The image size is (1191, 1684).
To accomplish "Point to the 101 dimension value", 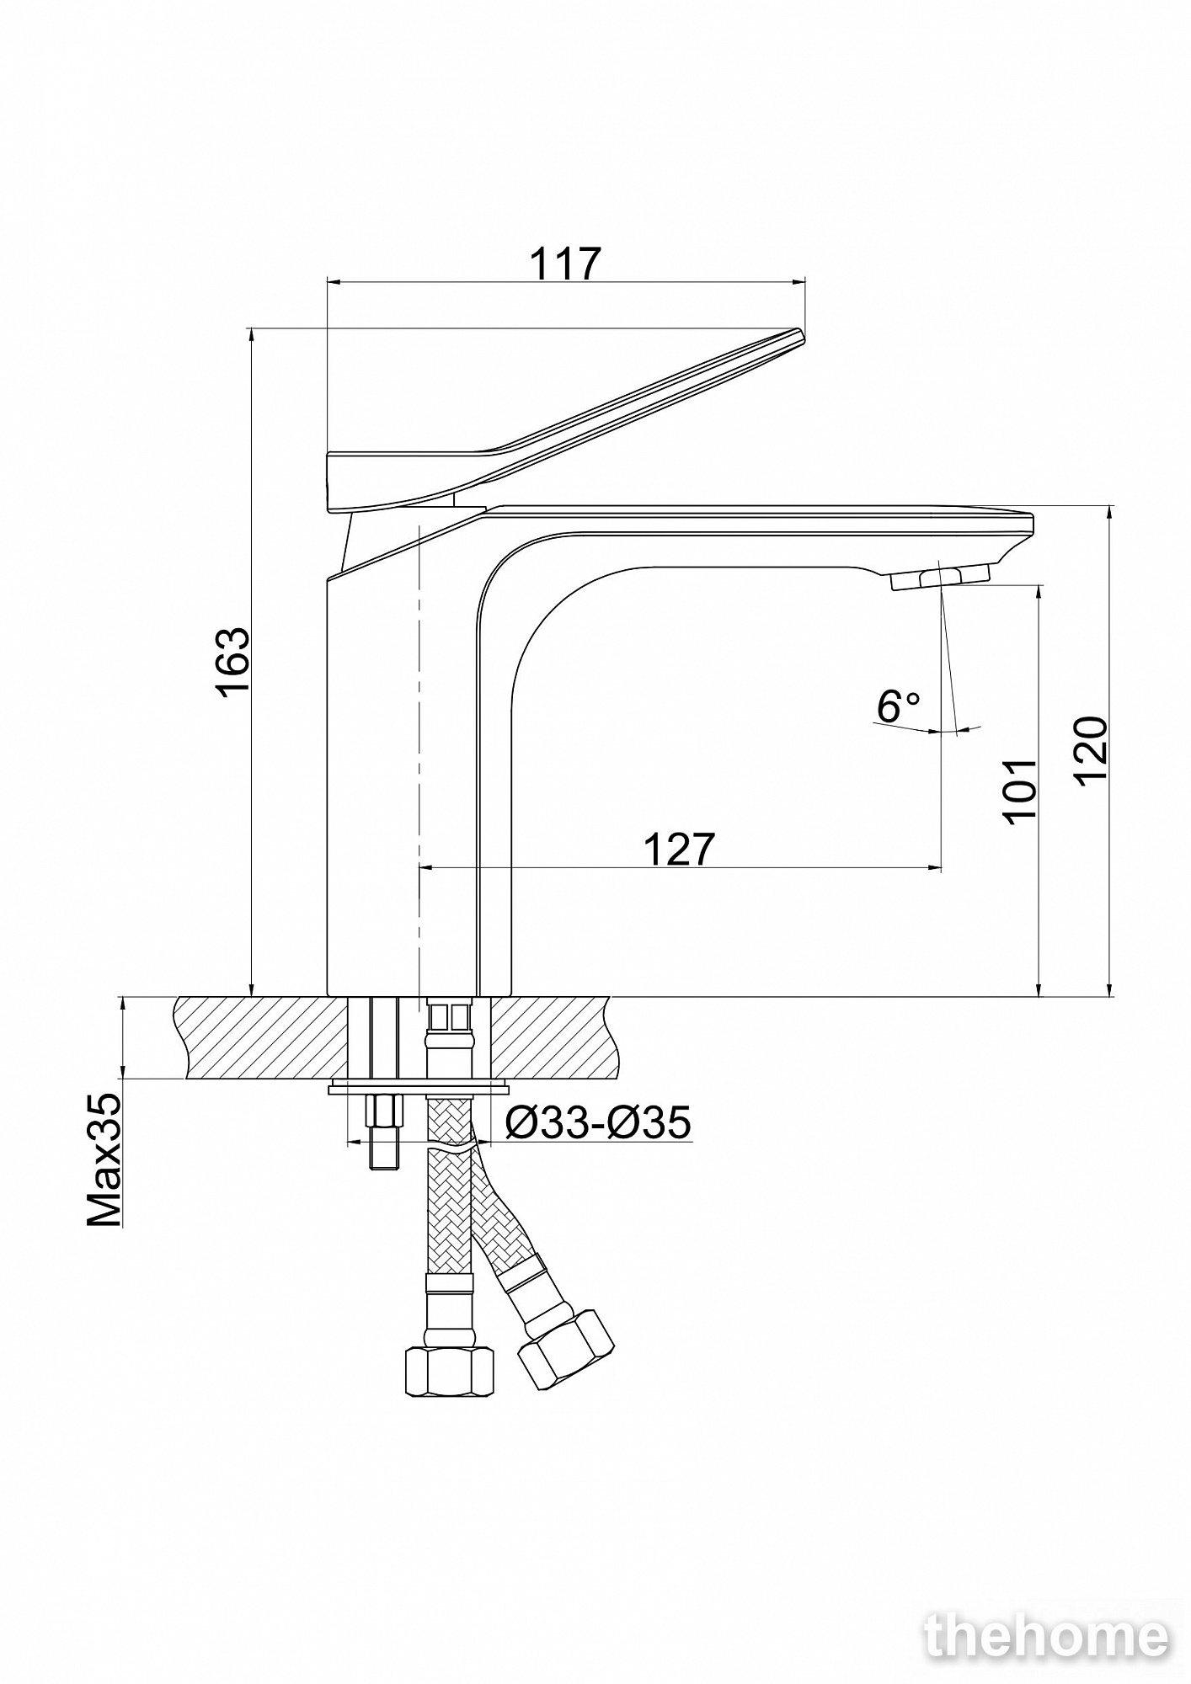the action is [1019, 791].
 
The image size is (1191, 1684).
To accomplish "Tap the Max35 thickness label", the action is [105, 1160].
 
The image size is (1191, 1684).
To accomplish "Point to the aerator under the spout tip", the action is [939, 578].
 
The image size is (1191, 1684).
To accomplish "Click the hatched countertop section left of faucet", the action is [261, 1037].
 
